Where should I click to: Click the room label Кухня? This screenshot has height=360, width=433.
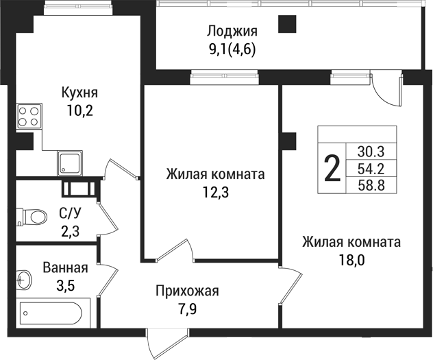point(80,93)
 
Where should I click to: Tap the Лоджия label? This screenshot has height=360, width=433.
point(232,31)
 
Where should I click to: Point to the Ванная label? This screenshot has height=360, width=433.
point(65,268)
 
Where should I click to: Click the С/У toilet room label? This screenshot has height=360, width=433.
point(70,214)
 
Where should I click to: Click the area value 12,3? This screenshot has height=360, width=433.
point(215,192)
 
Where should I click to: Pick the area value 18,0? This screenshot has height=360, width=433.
point(351,261)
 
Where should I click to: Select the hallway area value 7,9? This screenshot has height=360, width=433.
point(186,310)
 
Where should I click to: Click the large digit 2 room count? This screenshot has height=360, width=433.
point(332,168)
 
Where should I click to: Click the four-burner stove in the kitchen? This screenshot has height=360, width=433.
point(29,115)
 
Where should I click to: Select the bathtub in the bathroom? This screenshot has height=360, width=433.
point(50,315)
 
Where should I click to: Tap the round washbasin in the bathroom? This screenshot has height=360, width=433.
point(23,280)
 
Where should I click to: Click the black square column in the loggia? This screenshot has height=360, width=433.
point(287,24)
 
